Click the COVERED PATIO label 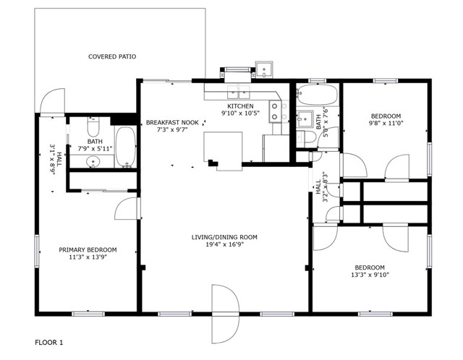pos(112,56)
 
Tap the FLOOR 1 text pos(49,343)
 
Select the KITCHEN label pos(240,106)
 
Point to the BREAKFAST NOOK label pos(172,122)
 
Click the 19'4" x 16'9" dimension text pos(224,244)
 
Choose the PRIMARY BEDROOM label pos(88,250)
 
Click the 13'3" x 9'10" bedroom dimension pos(370,275)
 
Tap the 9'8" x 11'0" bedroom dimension pos(386,124)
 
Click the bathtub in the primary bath pos(125,147)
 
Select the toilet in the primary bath pos(93,127)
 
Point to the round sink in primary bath pos(93,162)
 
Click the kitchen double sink pos(239,92)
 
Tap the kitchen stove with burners pos(275,111)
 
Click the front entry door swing pos(225,314)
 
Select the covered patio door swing pos(52,100)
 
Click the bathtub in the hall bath pos(317,95)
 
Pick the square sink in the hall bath pos(305,119)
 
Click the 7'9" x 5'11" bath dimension pos(95,149)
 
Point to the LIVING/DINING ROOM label pos(224,237)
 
